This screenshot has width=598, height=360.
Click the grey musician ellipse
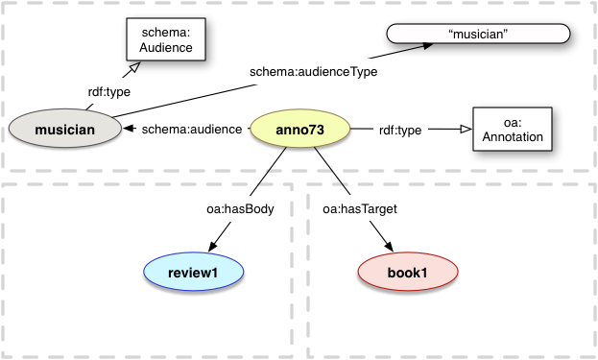coord(65,130)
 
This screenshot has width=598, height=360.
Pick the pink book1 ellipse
coord(406,273)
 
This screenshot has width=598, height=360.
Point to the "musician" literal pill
coord(477,36)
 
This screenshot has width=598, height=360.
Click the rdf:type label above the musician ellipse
coord(108,92)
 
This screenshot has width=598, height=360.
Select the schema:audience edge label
coord(191,130)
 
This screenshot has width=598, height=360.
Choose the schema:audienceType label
coord(313,71)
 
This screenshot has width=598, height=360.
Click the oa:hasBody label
coord(239,207)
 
